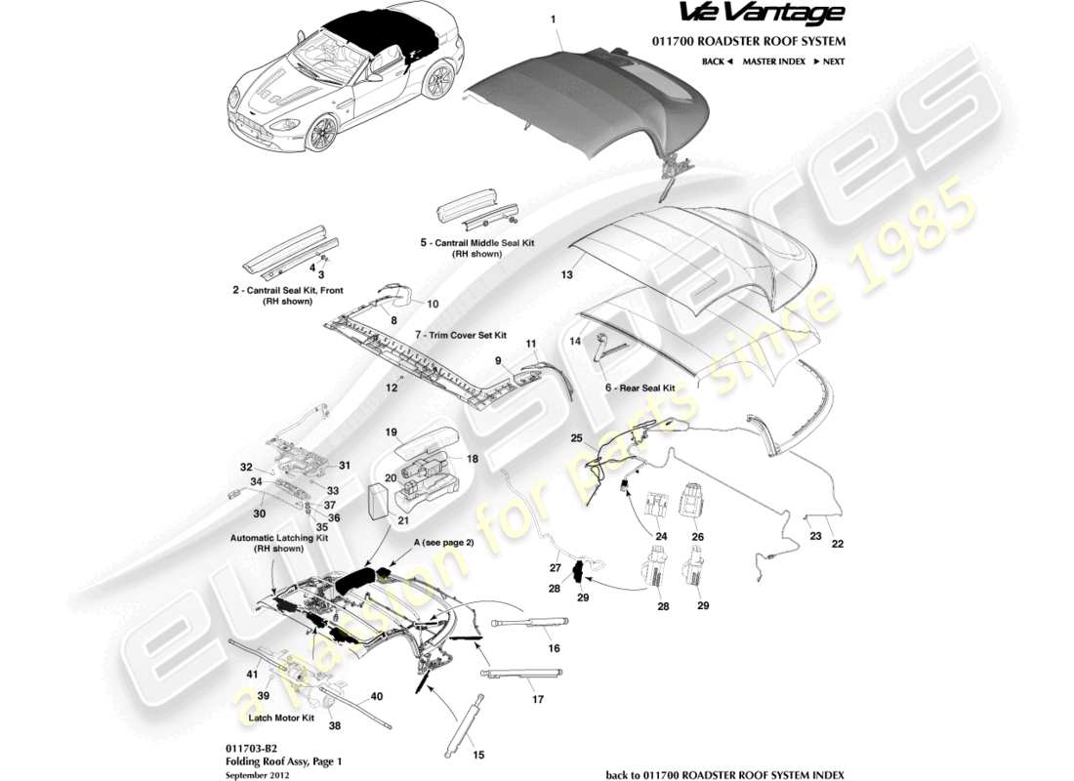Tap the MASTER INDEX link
pos(773,62)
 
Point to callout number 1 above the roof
pos(553,20)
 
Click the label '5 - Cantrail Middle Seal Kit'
pos(476,242)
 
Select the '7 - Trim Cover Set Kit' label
pos(461,334)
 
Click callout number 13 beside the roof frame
pos(566,276)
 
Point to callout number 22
pos(837,544)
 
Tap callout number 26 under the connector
pos(697,536)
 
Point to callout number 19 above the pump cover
pos(391,432)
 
